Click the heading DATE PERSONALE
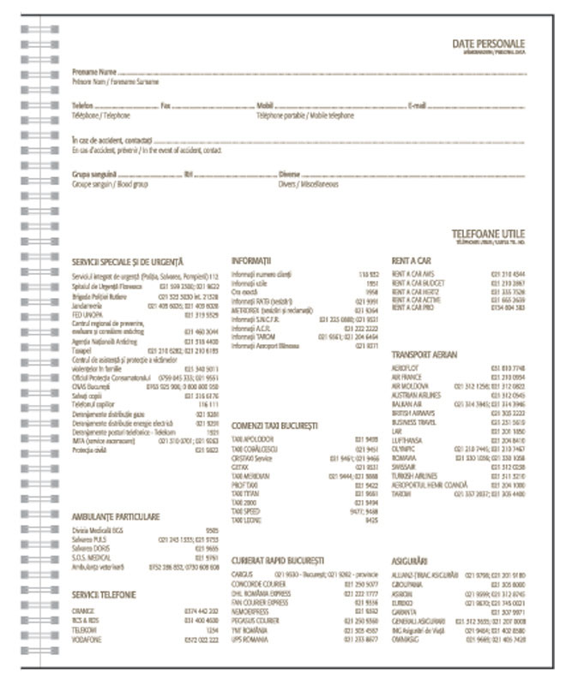489,44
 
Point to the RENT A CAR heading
411,259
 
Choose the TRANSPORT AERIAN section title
424,354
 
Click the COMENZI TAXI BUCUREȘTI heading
274,425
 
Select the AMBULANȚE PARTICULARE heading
116,517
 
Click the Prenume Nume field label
94,72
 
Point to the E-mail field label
418,106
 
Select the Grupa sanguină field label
93,175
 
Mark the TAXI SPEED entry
246,511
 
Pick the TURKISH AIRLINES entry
414,474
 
